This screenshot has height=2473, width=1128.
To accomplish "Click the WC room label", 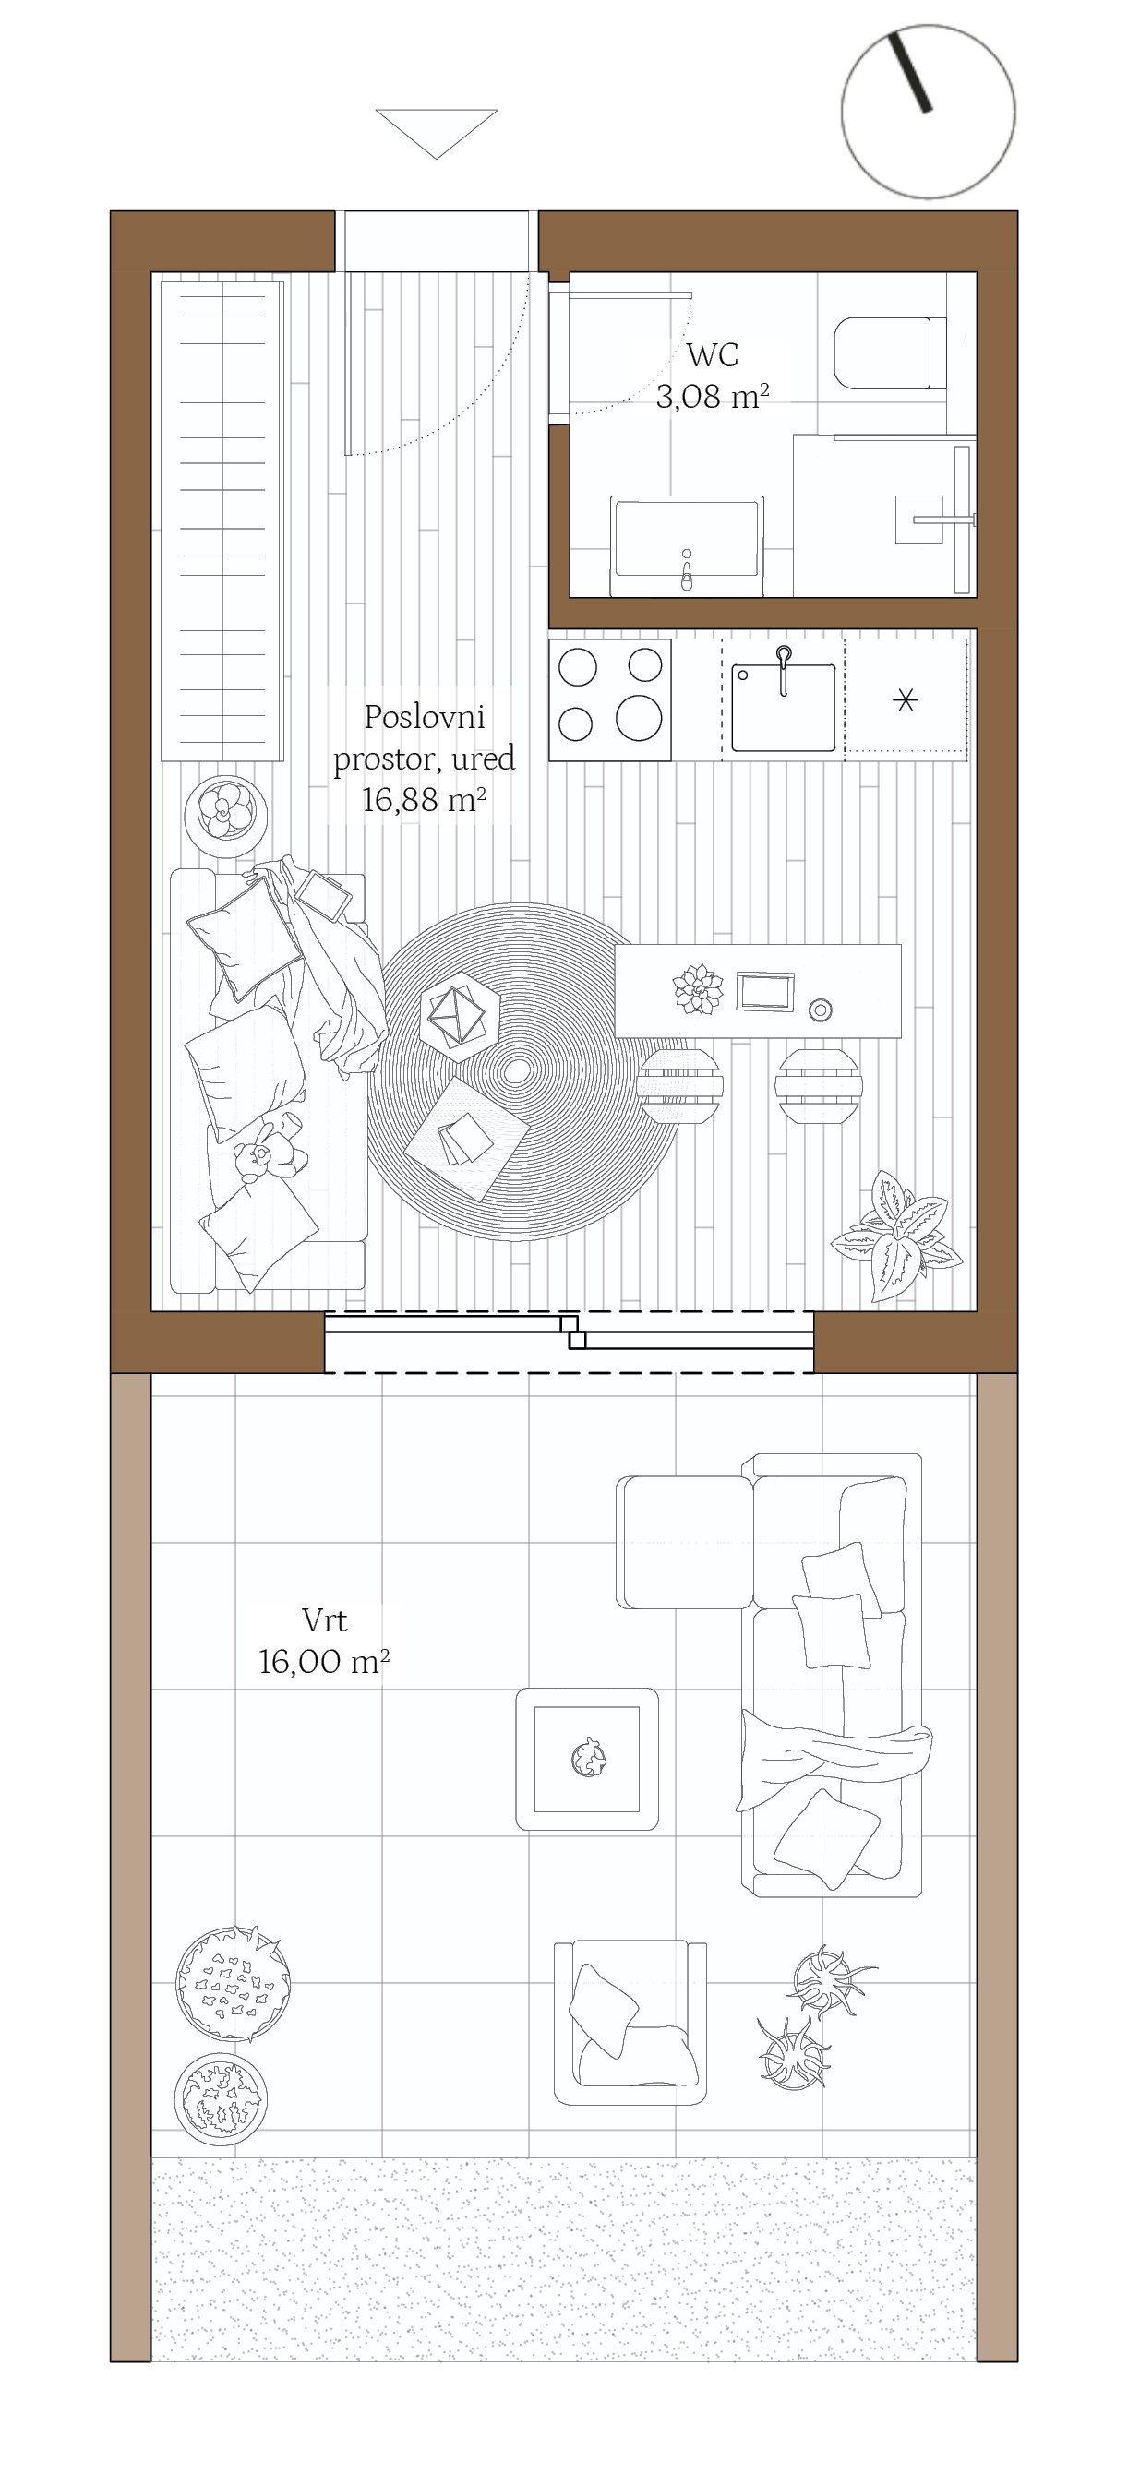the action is tap(713, 355).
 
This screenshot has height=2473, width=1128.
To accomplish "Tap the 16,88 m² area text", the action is tap(424, 800).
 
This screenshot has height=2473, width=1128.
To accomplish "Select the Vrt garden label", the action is tap(325, 1620).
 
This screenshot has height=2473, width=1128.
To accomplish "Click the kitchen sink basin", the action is tap(784, 707).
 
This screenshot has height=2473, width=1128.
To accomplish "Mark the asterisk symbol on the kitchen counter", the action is tap(906, 699).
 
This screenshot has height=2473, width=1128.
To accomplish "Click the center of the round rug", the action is tap(517, 1071).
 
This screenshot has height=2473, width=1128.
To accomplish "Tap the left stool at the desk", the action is tap(677, 1084).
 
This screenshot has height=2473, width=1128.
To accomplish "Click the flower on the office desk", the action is tap(698, 989).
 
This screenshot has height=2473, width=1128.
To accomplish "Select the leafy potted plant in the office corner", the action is tap(897, 1236).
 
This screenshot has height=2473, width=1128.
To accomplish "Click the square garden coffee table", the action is tap(587, 1759).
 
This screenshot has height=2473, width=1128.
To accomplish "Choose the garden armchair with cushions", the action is tap(630, 2022).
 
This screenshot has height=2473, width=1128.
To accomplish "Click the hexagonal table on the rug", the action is tap(460, 1016).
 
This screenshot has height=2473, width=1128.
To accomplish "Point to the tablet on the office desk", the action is tap(765, 992).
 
